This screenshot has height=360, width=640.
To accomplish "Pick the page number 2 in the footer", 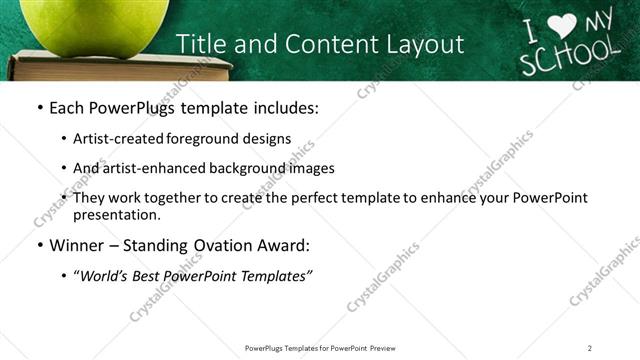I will (x=590, y=347).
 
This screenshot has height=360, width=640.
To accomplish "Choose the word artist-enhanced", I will (x=155, y=168).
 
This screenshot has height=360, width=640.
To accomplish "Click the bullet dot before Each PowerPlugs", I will (x=39, y=108).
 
